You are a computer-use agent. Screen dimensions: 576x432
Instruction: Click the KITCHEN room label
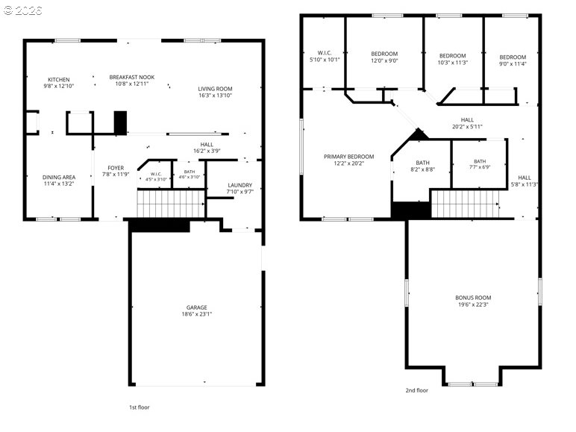point(59,80)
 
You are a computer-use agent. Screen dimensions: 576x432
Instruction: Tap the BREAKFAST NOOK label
point(132,77)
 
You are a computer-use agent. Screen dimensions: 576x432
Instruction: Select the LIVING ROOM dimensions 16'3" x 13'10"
point(215,96)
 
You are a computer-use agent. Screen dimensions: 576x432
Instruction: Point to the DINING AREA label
point(59,177)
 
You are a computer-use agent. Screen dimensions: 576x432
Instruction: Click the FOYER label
point(116,168)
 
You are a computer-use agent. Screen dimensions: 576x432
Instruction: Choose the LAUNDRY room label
point(240,185)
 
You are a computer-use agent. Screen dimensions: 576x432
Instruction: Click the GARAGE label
point(196,307)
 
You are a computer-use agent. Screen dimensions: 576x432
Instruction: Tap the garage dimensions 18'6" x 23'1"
point(196,314)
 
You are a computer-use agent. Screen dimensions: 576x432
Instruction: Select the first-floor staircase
point(171,203)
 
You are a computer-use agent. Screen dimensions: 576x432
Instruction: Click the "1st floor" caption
point(140,407)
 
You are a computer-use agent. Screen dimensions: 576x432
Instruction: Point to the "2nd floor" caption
point(416,390)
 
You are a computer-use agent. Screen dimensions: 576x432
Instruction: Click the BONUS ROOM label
point(473,298)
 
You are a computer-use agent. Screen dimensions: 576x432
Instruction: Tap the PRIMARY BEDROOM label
point(349,157)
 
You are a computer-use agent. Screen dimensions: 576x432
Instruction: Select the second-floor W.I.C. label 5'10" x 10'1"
point(325,56)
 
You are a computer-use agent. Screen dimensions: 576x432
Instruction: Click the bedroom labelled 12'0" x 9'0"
point(384,57)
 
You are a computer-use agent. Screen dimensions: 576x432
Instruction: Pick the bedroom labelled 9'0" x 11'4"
point(513,60)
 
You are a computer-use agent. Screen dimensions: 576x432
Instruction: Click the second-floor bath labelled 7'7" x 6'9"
point(480,164)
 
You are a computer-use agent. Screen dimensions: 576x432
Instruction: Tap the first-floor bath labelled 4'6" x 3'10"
point(190,174)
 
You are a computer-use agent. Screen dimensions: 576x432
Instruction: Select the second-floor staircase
point(465,204)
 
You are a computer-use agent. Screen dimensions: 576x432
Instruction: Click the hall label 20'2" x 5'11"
point(467,123)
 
